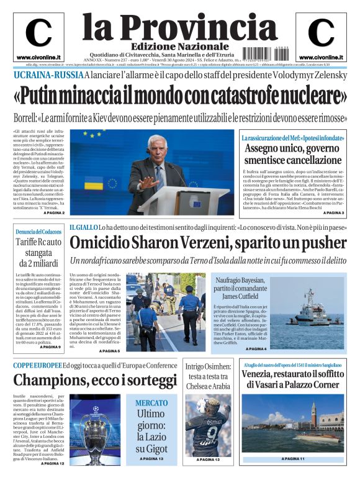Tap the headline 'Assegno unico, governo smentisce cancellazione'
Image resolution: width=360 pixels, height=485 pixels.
[x=292, y=153]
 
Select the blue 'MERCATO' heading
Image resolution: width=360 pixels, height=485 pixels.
[x=151, y=403]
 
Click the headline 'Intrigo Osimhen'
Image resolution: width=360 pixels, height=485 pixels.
[x=208, y=367]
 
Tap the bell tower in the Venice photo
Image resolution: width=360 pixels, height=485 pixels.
[x=330, y=414]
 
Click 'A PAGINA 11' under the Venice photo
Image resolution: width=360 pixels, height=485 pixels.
[x=292, y=458]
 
